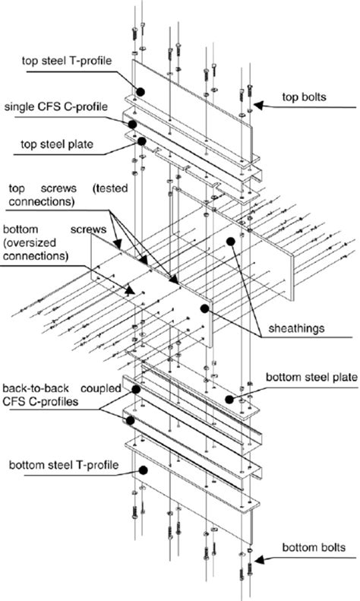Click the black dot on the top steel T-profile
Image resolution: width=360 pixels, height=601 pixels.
click(x=141, y=90)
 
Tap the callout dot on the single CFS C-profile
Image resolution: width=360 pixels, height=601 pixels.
click(x=132, y=124)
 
